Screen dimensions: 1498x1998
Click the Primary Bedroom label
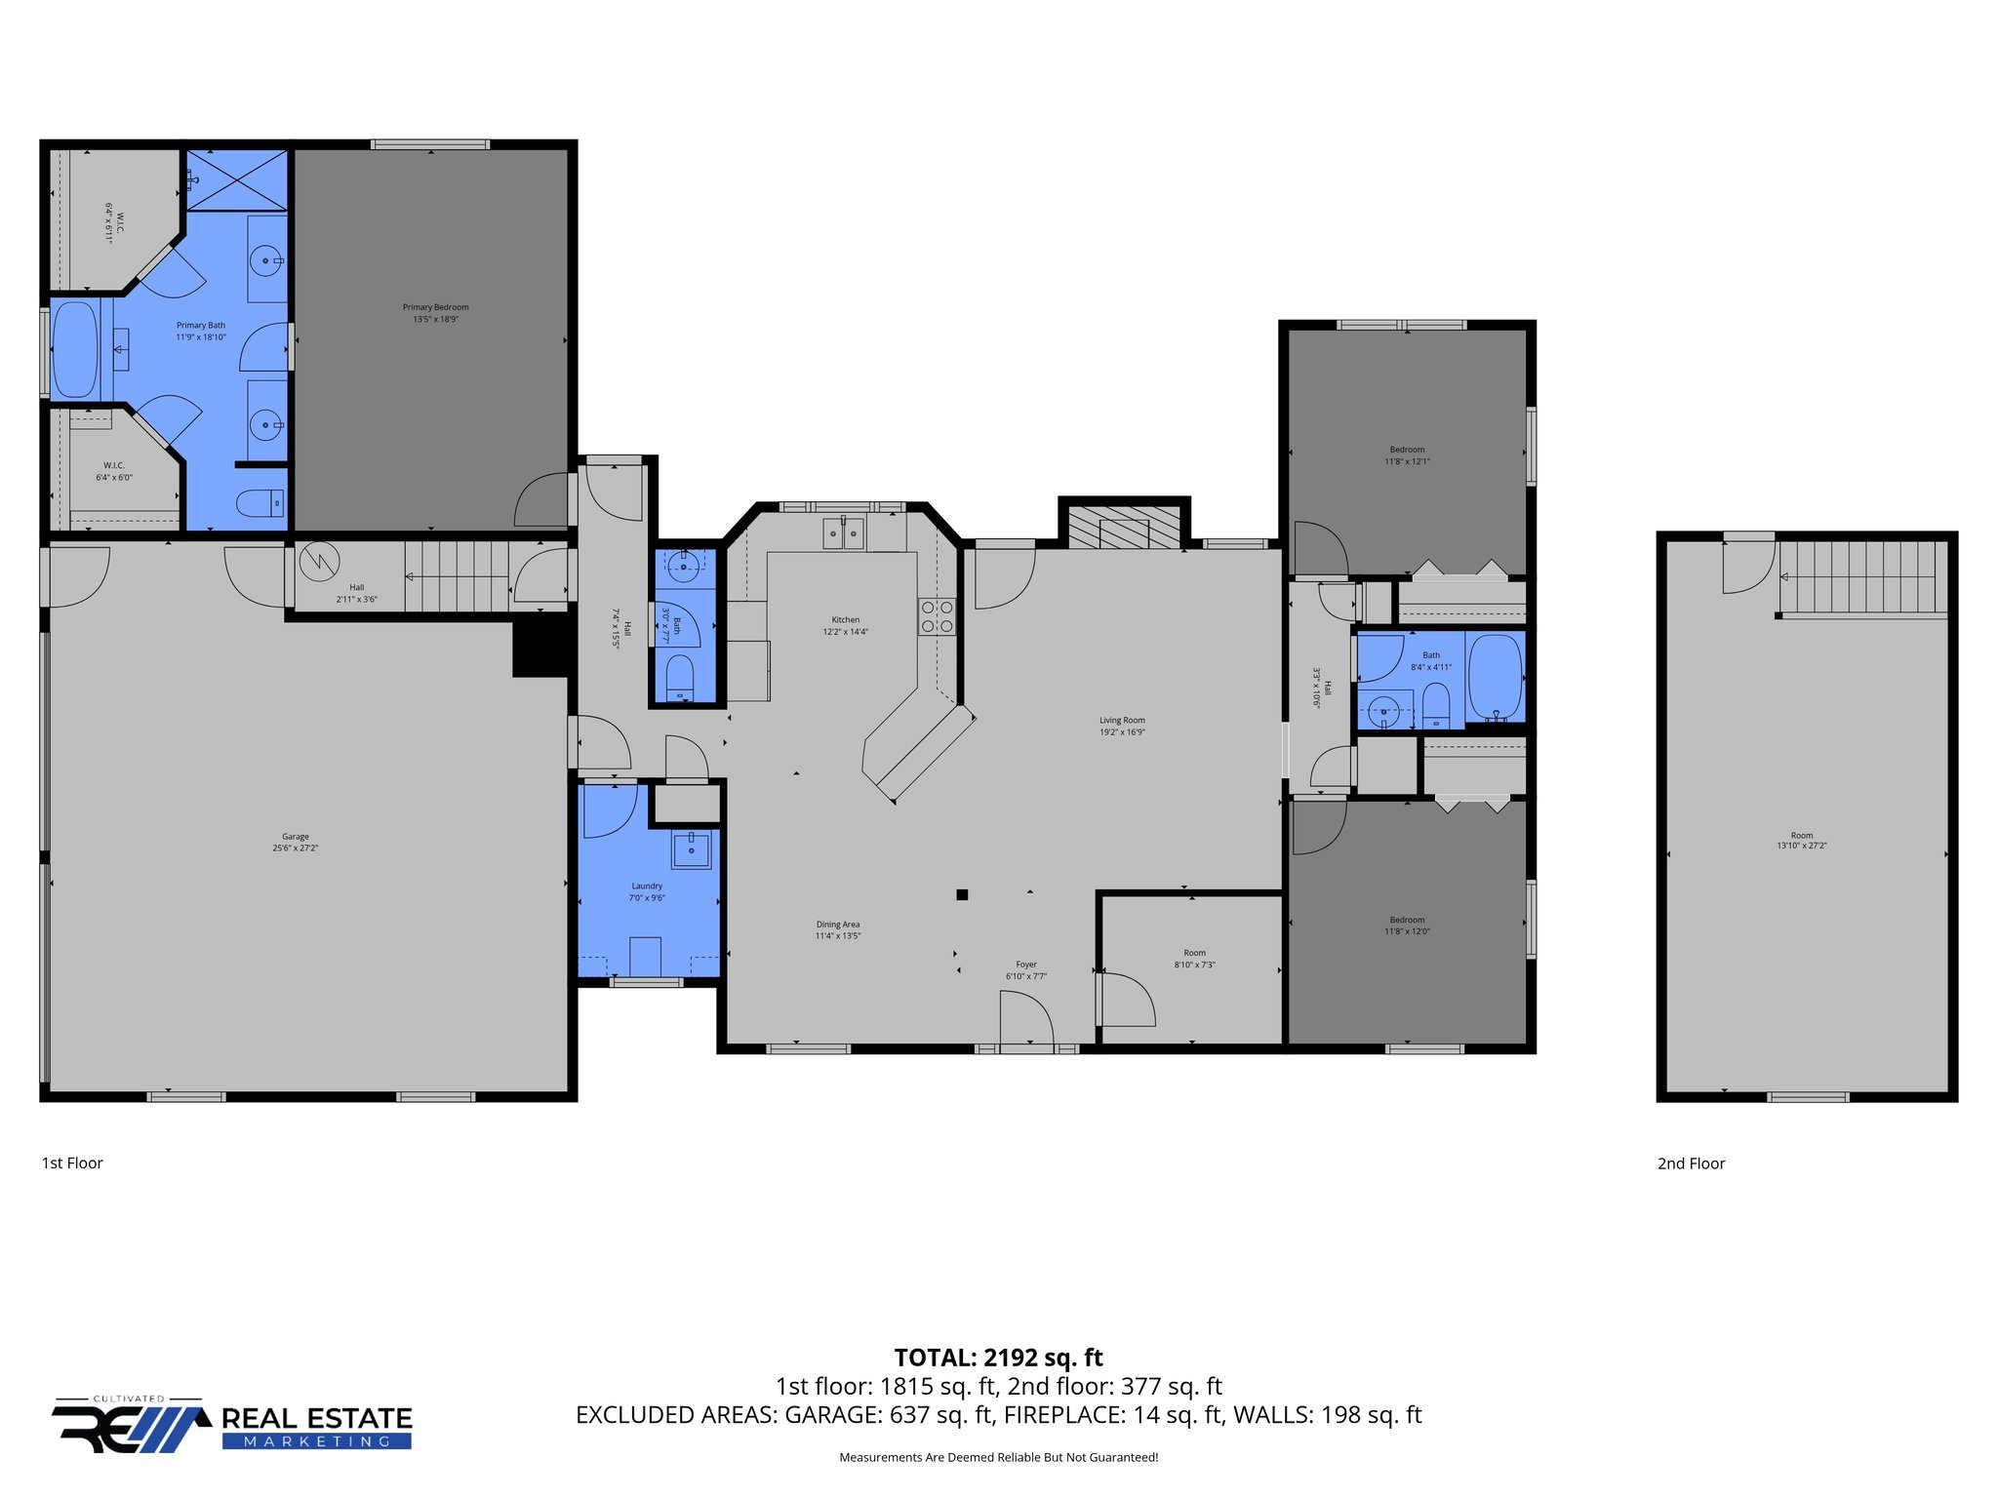[435, 307]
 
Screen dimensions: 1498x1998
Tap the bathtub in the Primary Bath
[75, 350]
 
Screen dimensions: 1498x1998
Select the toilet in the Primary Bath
[260, 503]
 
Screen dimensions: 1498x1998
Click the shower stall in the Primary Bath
[237, 179]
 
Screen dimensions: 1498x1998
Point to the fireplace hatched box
[1123, 528]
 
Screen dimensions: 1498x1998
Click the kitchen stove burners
[937, 616]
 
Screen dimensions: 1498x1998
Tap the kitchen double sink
[843, 533]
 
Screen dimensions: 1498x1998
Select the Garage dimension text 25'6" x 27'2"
[296, 848]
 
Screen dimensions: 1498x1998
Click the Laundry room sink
[691, 849]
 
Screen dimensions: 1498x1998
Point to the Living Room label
[1122, 721]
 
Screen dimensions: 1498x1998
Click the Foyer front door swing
[1026, 1018]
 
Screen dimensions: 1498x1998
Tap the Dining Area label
[838, 925]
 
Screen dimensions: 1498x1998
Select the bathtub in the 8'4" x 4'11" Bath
[1495, 677]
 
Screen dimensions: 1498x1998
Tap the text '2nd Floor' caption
[1691, 1163]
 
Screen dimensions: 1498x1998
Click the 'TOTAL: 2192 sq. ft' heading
[998, 1358]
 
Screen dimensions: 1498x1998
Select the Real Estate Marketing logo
[232, 1426]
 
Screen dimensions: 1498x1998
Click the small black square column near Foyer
[962, 894]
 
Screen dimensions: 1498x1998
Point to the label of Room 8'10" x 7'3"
[1194, 953]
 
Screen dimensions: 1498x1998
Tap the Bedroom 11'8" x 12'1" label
[1407, 450]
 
